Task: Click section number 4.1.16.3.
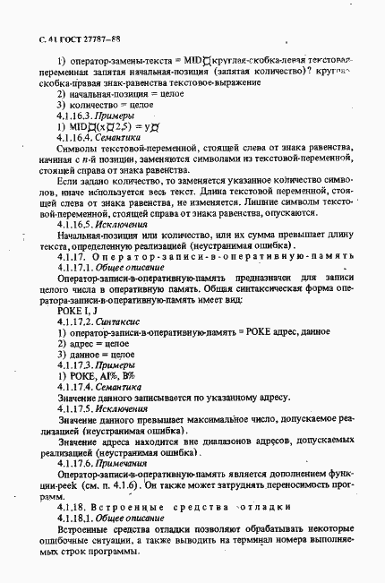[76, 116]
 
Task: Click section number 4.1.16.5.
[76, 224]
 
